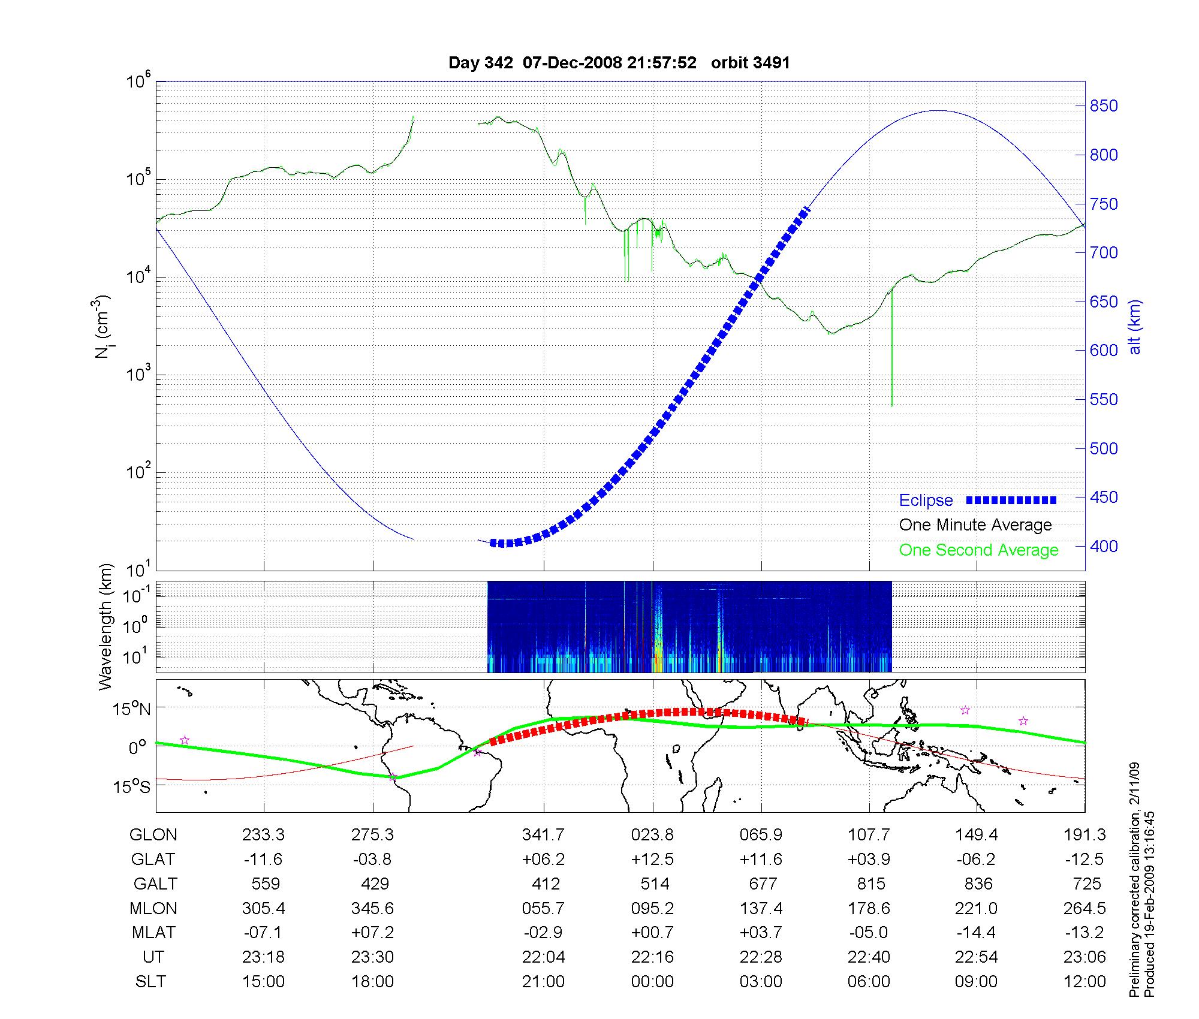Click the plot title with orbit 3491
[619, 63]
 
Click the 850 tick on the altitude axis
[1104, 106]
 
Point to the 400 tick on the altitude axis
[1104, 546]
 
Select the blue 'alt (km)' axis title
[1135, 327]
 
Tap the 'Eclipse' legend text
[926, 501]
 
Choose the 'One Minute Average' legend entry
[975, 525]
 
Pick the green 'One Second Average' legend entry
[978, 550]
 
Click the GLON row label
[153, 835]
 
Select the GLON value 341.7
[543, 835]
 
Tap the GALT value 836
[978, 884]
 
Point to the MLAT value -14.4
[977, 933]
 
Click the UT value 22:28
[761, 957]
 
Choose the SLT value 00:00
[652, 982]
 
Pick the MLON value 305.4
[263, 909]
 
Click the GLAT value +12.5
[652, 860]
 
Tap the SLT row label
[150, 982]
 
